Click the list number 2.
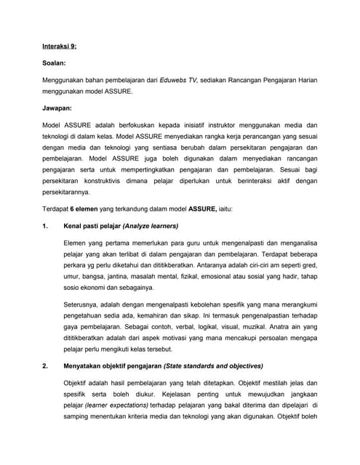[x=46, y=365]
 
